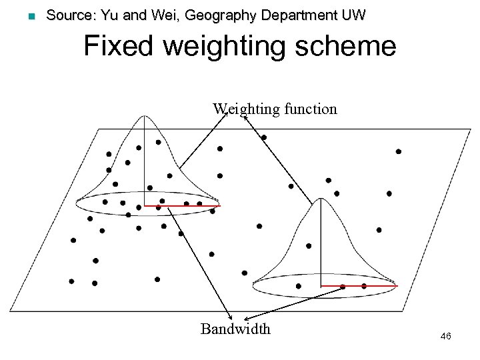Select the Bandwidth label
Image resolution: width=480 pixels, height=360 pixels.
point(235,329)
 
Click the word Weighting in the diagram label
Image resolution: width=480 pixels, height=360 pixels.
point(244,108)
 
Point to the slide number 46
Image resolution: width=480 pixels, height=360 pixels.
point(446,337)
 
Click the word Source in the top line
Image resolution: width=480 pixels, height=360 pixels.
point(64,15)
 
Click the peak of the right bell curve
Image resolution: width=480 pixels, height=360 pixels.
point(321,199)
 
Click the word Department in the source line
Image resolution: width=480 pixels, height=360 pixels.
point(292,16)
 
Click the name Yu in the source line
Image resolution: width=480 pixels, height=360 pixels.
point(99,15)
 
